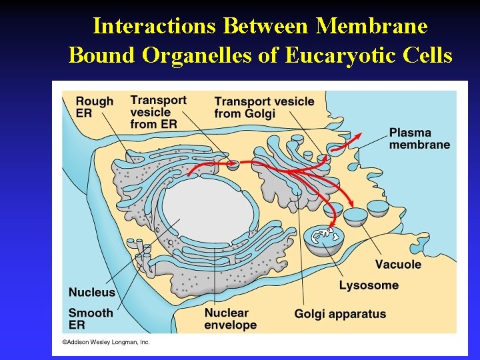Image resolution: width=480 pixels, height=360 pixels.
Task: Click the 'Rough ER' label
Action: point(95,107)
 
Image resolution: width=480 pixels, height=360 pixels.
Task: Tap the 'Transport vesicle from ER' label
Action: point(158,111)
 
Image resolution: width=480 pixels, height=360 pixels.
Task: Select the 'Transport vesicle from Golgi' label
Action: point(264,107)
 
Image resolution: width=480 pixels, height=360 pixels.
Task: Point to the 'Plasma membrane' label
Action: point(419,139)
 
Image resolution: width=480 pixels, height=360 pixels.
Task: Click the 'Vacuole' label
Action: point(398,264)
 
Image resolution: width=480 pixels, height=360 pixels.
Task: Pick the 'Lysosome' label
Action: point(369,285)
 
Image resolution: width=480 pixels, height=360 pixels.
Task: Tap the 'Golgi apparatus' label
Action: point(340,313)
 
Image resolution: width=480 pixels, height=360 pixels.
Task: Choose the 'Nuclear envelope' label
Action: point(230,319)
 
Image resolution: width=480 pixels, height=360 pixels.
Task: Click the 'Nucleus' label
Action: point(92,292)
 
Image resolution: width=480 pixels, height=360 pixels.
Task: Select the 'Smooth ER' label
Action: point(91,319)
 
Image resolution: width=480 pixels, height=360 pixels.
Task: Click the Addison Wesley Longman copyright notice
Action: point(106,342)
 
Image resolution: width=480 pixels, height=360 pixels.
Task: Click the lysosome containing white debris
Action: point(323,237)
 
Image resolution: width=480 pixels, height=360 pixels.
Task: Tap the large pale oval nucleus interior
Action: point(207,210)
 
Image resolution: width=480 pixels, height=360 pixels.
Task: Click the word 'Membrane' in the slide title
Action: point(372,26)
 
